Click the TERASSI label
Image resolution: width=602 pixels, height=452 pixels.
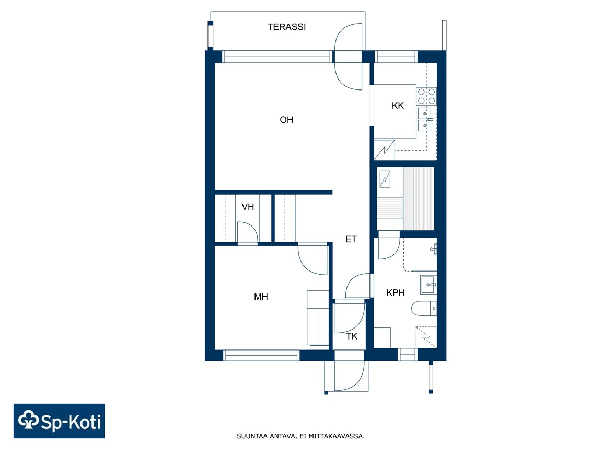[286, 27]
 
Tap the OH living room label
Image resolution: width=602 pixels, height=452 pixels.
[286, 120]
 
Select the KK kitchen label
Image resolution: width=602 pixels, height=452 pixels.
[398, 105]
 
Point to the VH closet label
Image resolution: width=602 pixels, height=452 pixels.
[248, 207]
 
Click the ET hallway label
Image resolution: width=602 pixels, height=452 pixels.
[351, 239]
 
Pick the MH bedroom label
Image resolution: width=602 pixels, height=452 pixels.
[261, 297]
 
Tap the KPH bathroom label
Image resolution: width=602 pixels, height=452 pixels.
[396, 293]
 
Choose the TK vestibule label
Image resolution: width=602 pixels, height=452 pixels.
[352, 336]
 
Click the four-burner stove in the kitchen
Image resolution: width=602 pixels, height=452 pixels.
[426, 96]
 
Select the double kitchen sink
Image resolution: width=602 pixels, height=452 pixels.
[425, 119]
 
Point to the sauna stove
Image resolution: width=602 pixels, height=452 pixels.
[385, 179]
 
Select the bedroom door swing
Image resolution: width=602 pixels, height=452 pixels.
[307, 265]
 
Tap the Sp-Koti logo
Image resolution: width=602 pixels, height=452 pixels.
[59, 421]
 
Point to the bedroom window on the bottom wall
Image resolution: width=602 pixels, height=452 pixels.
[261, 356]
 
